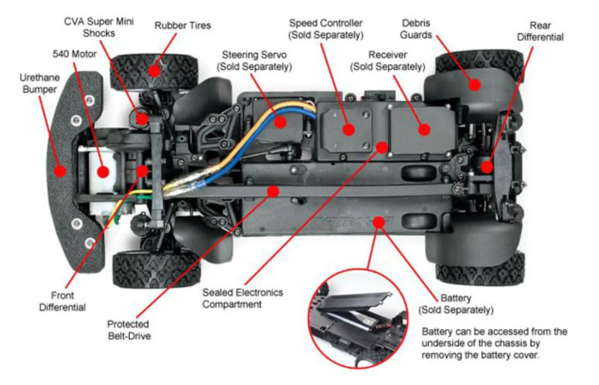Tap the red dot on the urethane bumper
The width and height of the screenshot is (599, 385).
59,171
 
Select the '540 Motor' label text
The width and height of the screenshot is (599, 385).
74,54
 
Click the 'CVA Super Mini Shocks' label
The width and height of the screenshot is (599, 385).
99,27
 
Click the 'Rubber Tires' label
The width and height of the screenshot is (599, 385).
183,25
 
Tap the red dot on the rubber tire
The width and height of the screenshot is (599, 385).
153,71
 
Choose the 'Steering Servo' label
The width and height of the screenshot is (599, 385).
254,61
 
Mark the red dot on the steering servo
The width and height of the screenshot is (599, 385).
280,122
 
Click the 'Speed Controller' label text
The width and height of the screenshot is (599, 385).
326,28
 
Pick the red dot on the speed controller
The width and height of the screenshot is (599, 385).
349,130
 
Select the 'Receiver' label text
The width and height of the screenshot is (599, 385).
387,61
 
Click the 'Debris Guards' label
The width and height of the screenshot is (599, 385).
417,28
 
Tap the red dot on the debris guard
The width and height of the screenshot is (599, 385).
474,85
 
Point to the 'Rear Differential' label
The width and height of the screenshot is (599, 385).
540,31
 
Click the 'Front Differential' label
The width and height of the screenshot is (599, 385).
62,301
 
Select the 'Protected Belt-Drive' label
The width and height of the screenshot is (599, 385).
128,330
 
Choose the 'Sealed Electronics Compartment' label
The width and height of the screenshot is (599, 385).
242,298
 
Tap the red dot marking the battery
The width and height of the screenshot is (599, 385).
378,221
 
